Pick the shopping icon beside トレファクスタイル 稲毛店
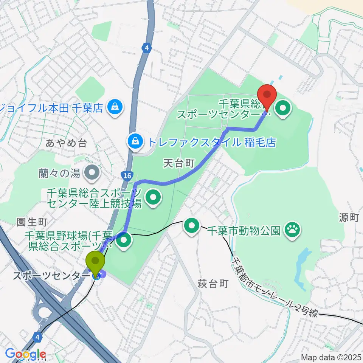(x=134, y=142)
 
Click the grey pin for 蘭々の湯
(x=92, y=173)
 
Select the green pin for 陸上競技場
(x=154, y=196)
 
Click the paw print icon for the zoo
(x=292, y=228)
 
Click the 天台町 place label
(x=179, y=163)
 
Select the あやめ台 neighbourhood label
(x=66, y=143)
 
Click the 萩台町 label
(x=213, y=284)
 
